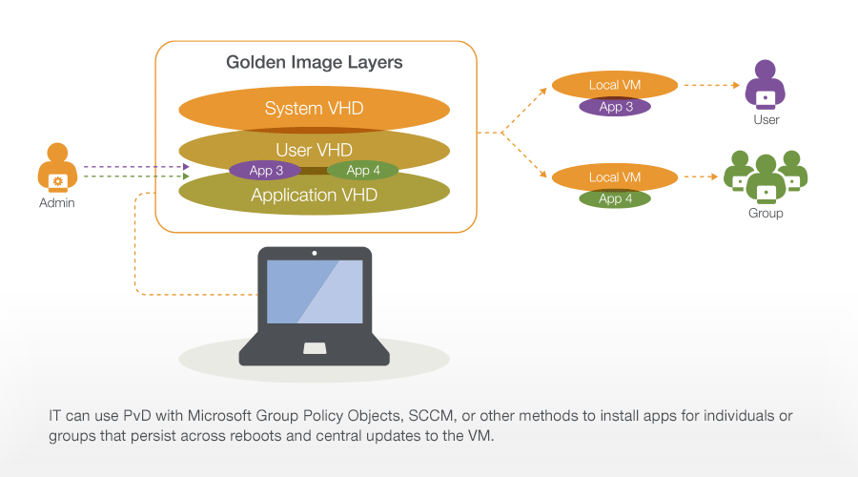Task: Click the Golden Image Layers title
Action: click(315, 63)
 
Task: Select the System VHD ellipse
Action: click(314, 109)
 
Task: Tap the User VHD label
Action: click(314, 150)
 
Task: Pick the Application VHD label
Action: click(314, 196)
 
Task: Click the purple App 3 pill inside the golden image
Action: click(265, 171)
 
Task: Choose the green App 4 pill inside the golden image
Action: click(363, 171)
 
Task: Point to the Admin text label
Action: click(57, 203)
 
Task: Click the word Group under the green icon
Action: click(765, 214)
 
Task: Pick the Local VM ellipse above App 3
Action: click(615, 86)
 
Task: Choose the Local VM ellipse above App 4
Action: click(615, 177)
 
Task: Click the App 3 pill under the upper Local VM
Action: click(615, 107)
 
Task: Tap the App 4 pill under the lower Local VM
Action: click(615, 198)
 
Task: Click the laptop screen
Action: click(314, 291)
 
